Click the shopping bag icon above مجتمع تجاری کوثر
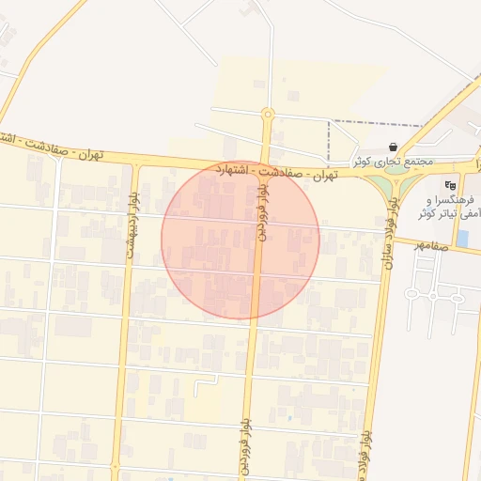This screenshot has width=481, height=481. (392, 147)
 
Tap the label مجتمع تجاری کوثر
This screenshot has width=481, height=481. (393, 162)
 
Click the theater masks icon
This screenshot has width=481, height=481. (450, 185)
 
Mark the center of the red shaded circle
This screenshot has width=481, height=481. (240, 240)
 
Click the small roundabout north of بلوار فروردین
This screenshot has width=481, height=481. (268, 114)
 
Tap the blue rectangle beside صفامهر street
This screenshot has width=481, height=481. (462, 239)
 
